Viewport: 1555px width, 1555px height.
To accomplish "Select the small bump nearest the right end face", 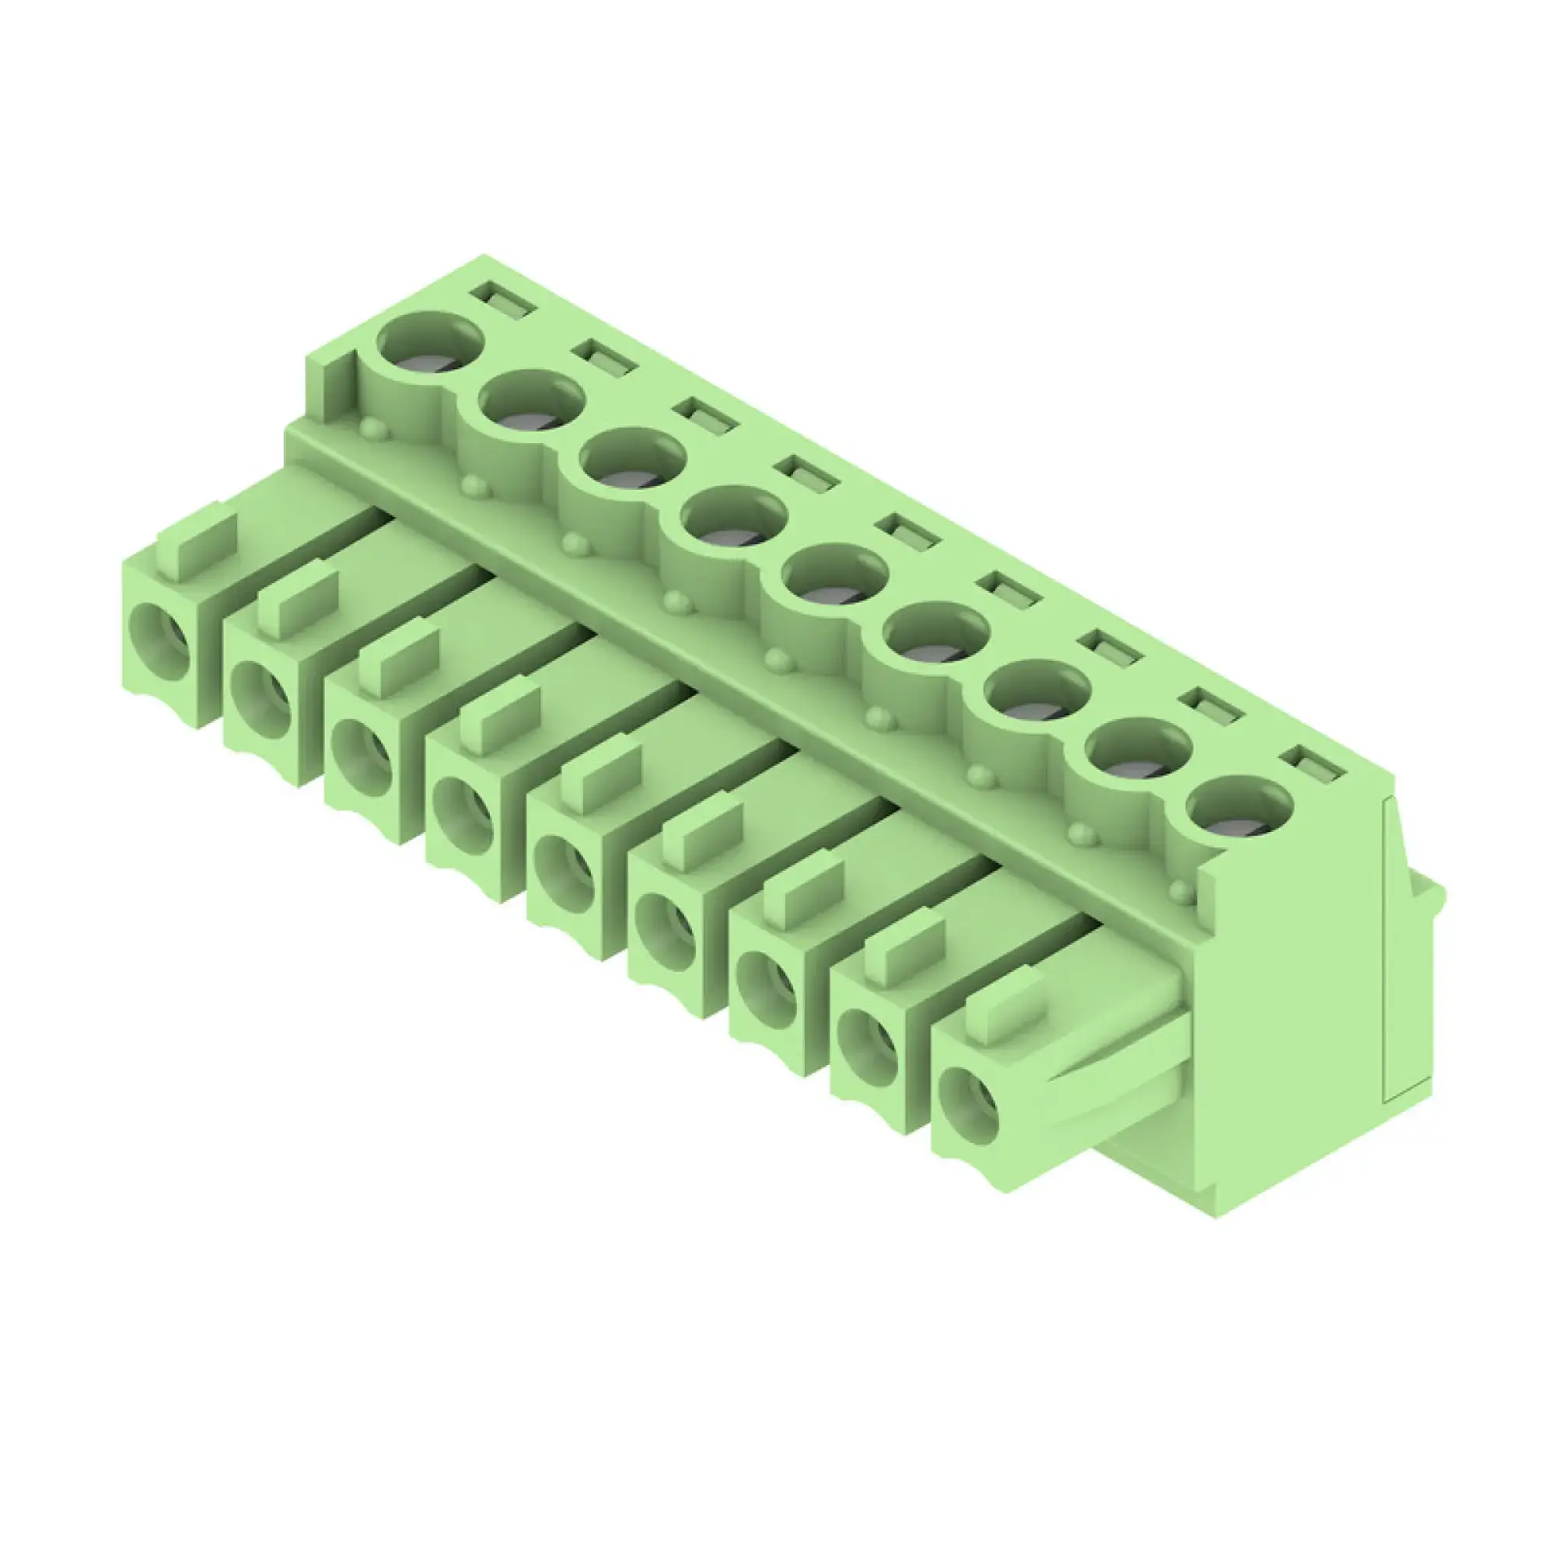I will tap(1181, 889).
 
